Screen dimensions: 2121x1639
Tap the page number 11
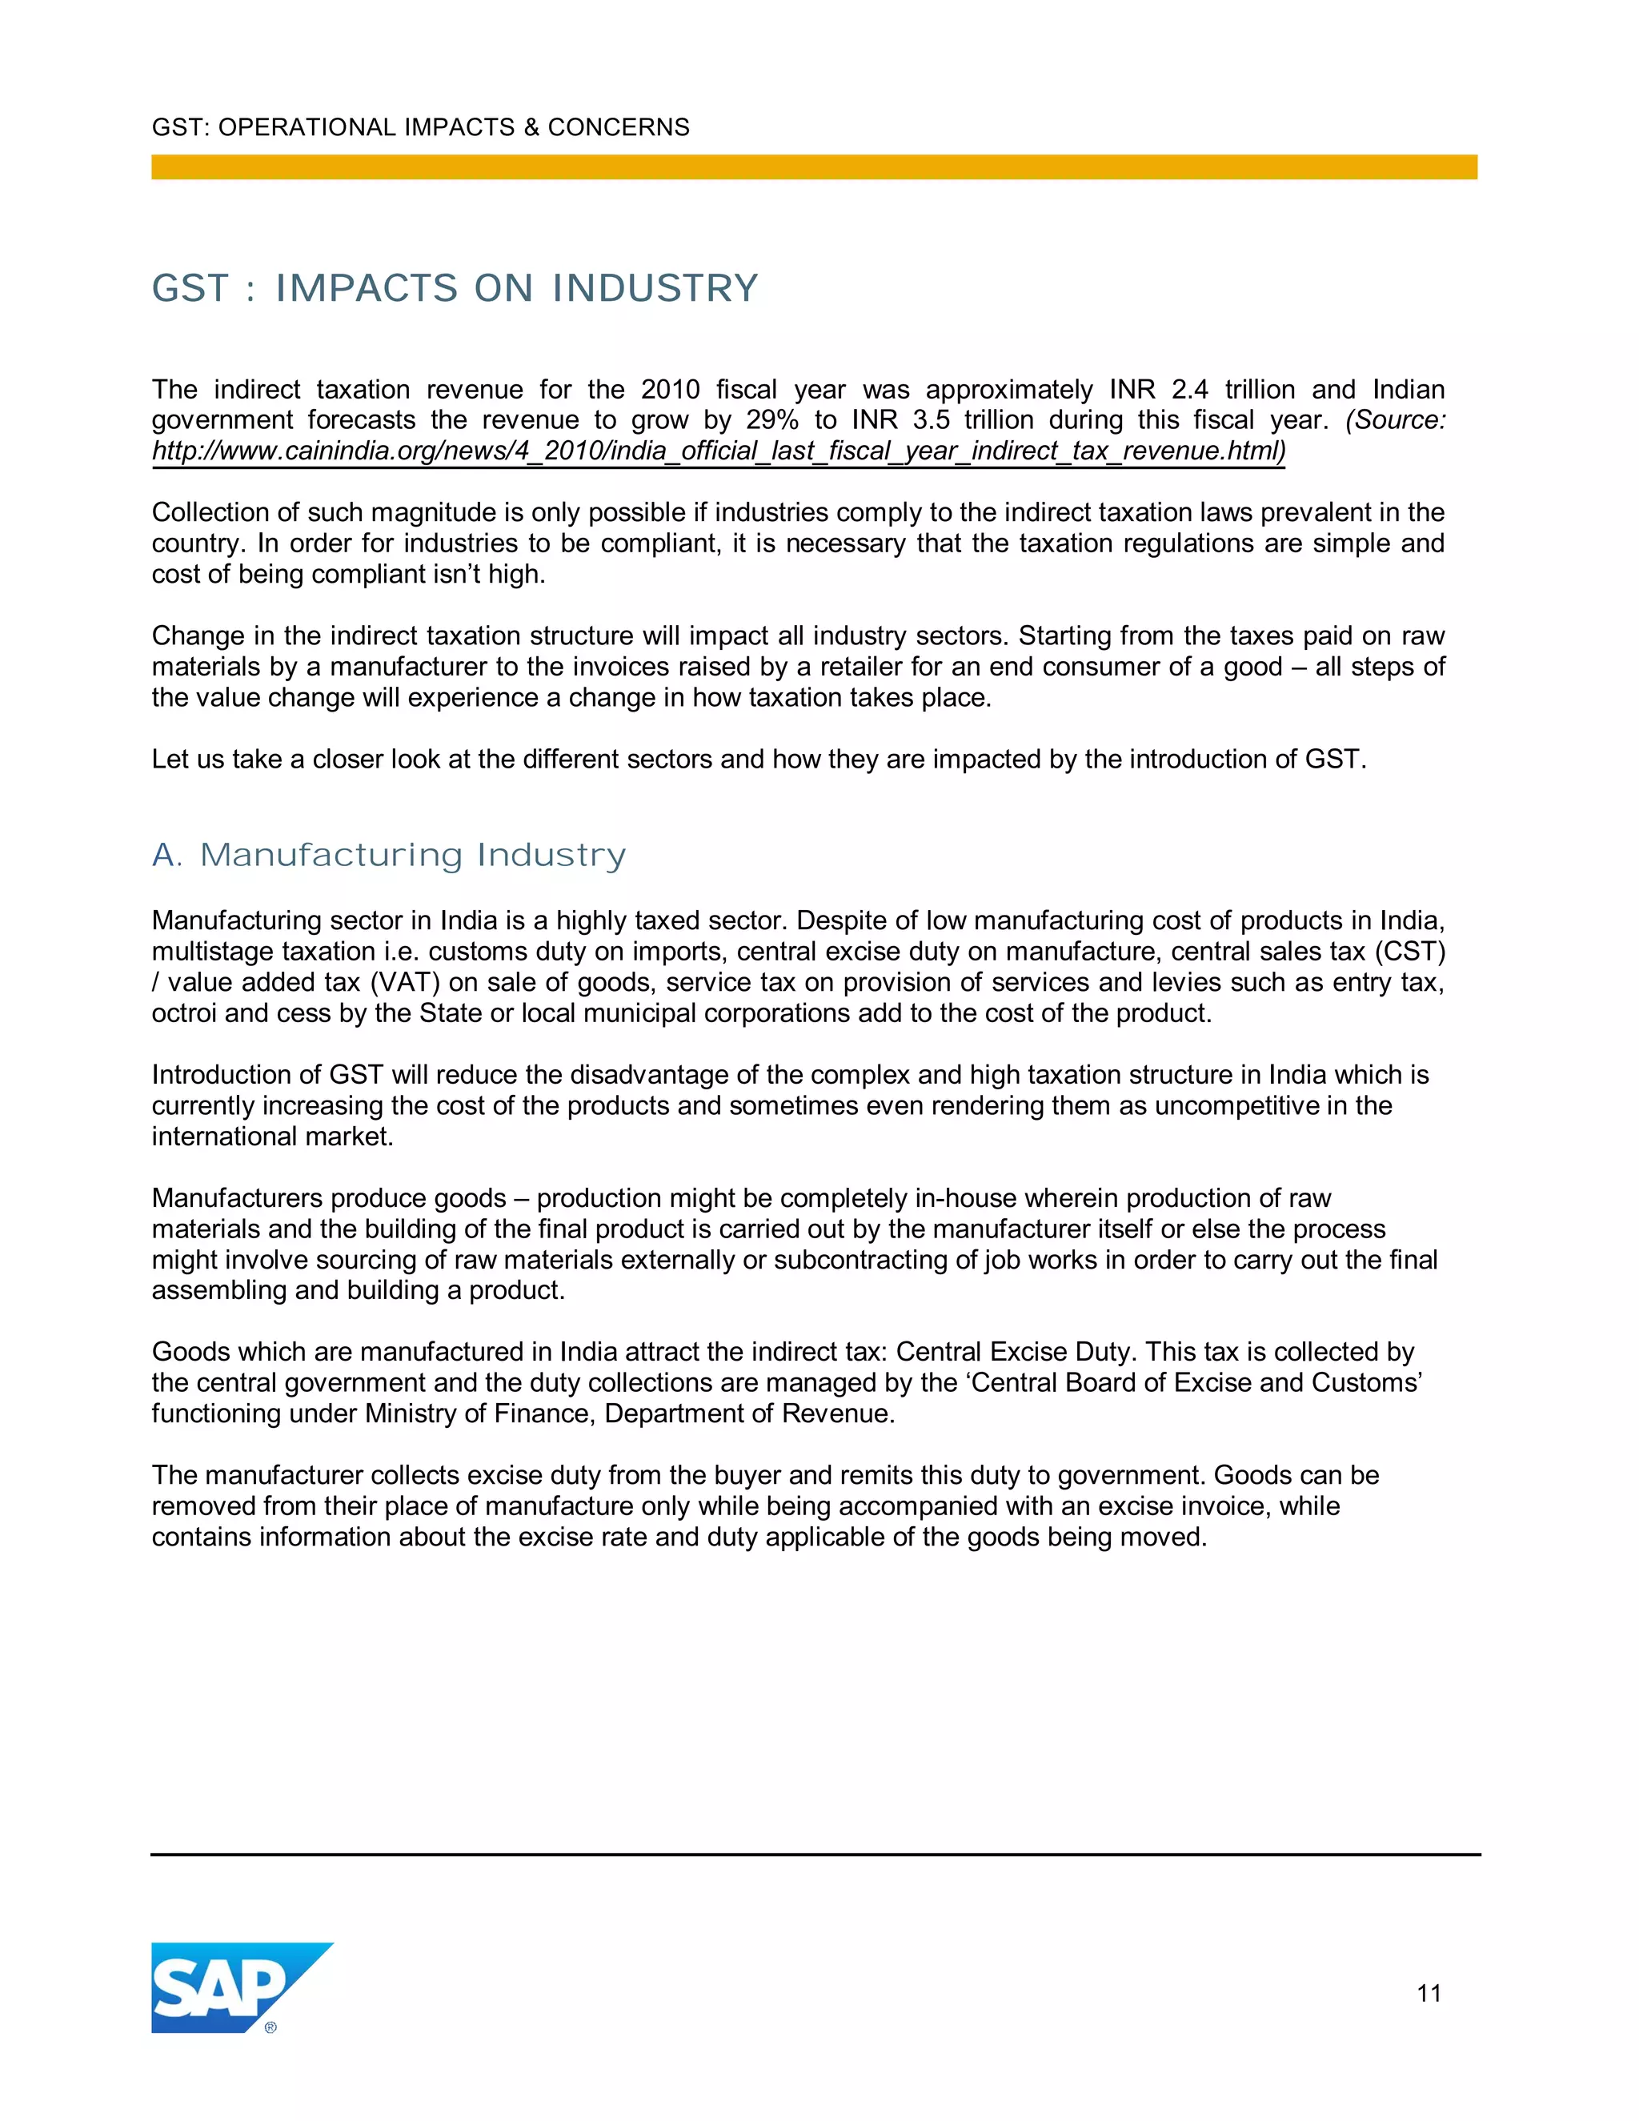[1429, 1994]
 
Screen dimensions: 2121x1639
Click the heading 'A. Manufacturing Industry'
[388, 855]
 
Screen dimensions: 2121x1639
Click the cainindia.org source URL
[719, 451]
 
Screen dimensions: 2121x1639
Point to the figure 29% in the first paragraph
[772, 419]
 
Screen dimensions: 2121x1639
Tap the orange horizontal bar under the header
[814, 167]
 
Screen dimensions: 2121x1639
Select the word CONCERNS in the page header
[619, 127]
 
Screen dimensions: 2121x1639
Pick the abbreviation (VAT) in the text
[405, 982]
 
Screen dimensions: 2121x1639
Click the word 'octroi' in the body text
[183, 1013]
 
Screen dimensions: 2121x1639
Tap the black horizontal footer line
[815, 1854]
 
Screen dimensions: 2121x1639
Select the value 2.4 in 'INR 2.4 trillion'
[1189, 390]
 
